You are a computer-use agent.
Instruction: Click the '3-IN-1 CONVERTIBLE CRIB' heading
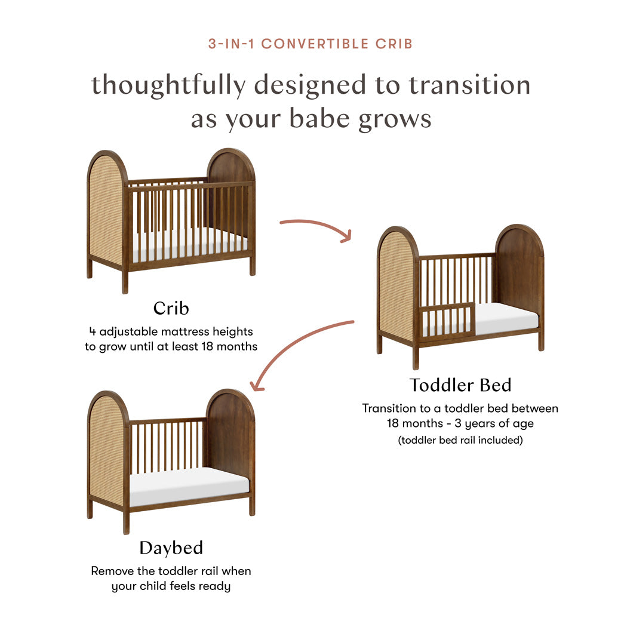(x=310, y=44)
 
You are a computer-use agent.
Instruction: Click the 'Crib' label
(x=171, y=308)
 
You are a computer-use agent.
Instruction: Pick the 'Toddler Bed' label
(x=460, y=385)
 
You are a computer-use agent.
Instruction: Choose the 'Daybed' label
(x=171, y=548)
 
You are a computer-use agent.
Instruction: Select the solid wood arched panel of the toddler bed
(x=518, y=269)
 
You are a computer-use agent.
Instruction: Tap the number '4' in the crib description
(x=91, y=331)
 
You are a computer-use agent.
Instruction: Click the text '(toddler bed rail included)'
(x=460, y=441)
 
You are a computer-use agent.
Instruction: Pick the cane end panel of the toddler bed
(x=396, y=287)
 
